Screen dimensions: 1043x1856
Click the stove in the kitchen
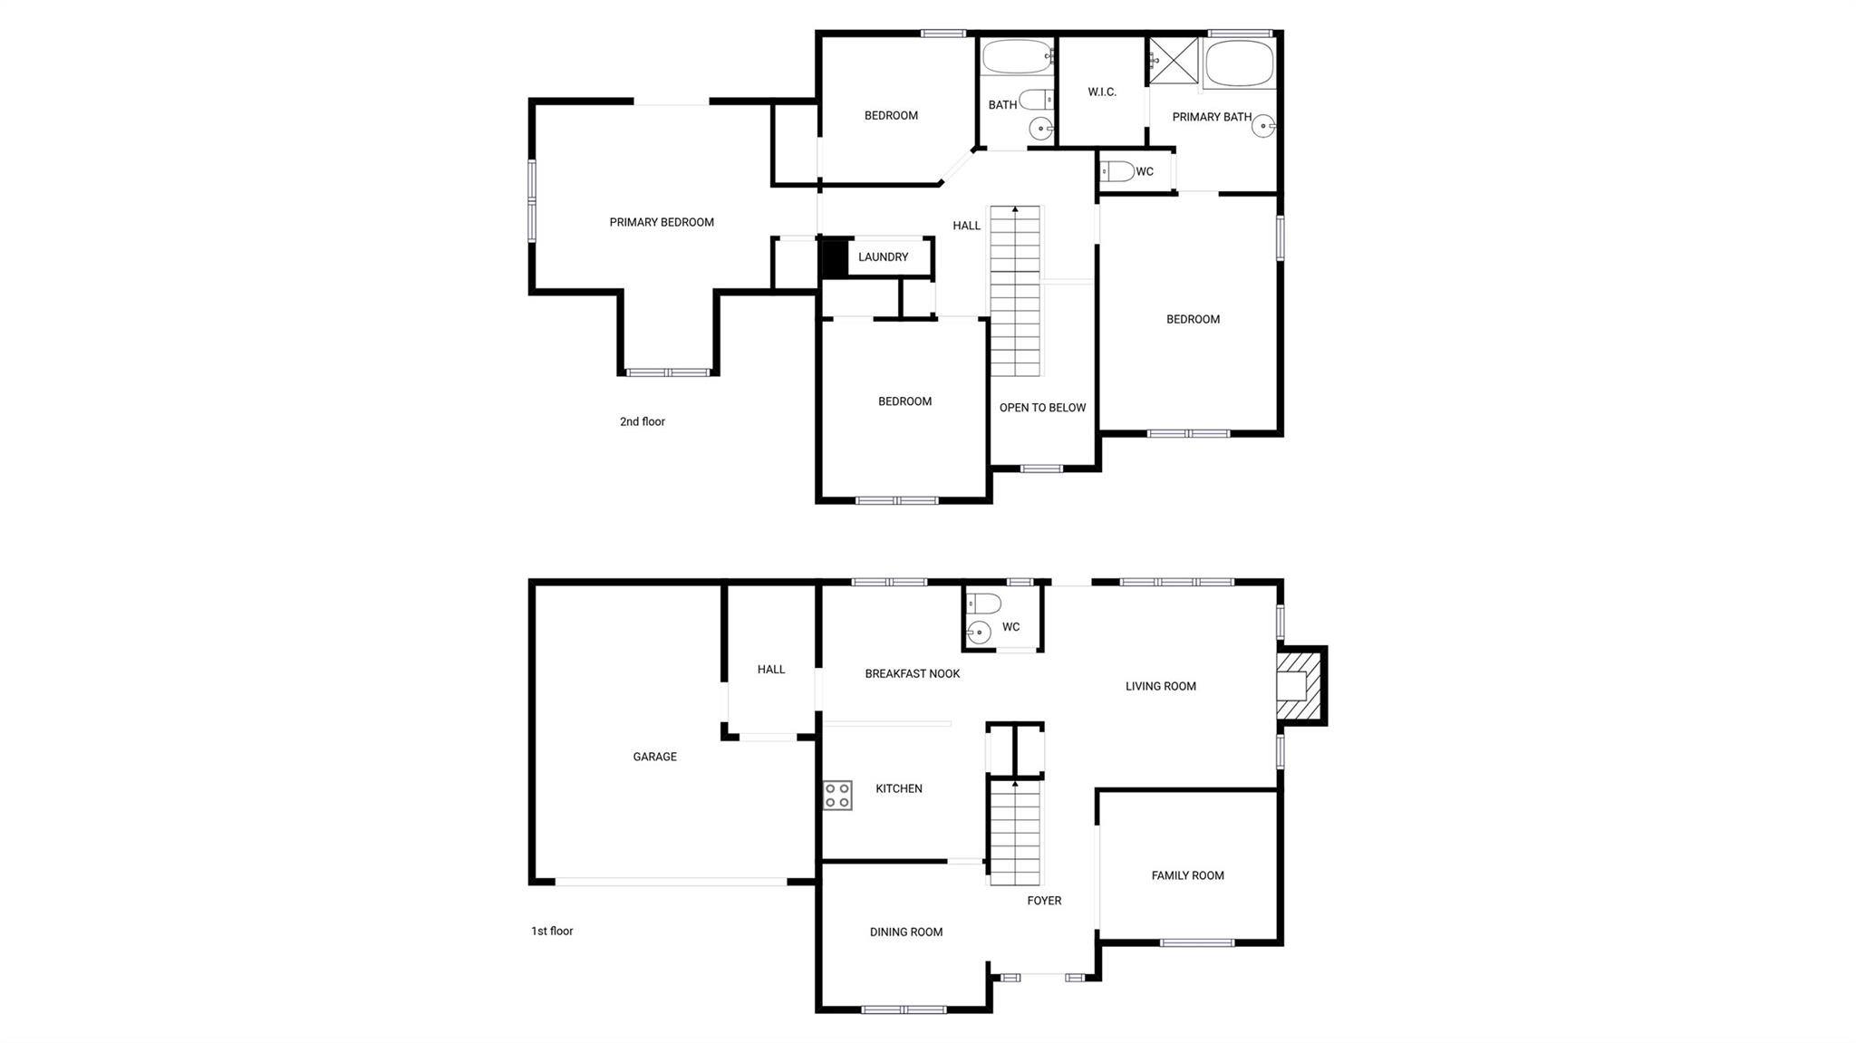point(837,796)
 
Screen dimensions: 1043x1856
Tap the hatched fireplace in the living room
point(1301,686)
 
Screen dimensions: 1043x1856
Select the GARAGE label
point(654,757)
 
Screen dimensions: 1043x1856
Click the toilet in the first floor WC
point(983,604)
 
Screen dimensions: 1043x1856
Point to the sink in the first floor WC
point(979,633)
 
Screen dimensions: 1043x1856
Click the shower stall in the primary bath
point(1174,61)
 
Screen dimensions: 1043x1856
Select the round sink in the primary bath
point(1263,126)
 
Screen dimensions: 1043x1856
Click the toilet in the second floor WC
point(1116,171)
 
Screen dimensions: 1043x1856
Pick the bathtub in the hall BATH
point(1017,57)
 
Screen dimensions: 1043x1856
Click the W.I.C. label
point(1102,92)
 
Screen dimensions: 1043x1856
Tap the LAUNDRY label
point(883,257)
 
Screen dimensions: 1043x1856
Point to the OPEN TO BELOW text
point(1042,408)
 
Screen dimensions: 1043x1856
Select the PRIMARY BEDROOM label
point(662,222)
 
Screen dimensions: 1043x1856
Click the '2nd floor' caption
point(643,421)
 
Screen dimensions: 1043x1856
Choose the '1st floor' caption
point(552,931)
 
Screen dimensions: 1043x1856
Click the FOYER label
point(1044,901)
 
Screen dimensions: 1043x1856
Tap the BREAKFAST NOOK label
point(912,673)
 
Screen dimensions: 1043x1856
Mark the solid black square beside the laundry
point(834,257)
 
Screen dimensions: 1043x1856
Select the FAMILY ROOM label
point(1187,875)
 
